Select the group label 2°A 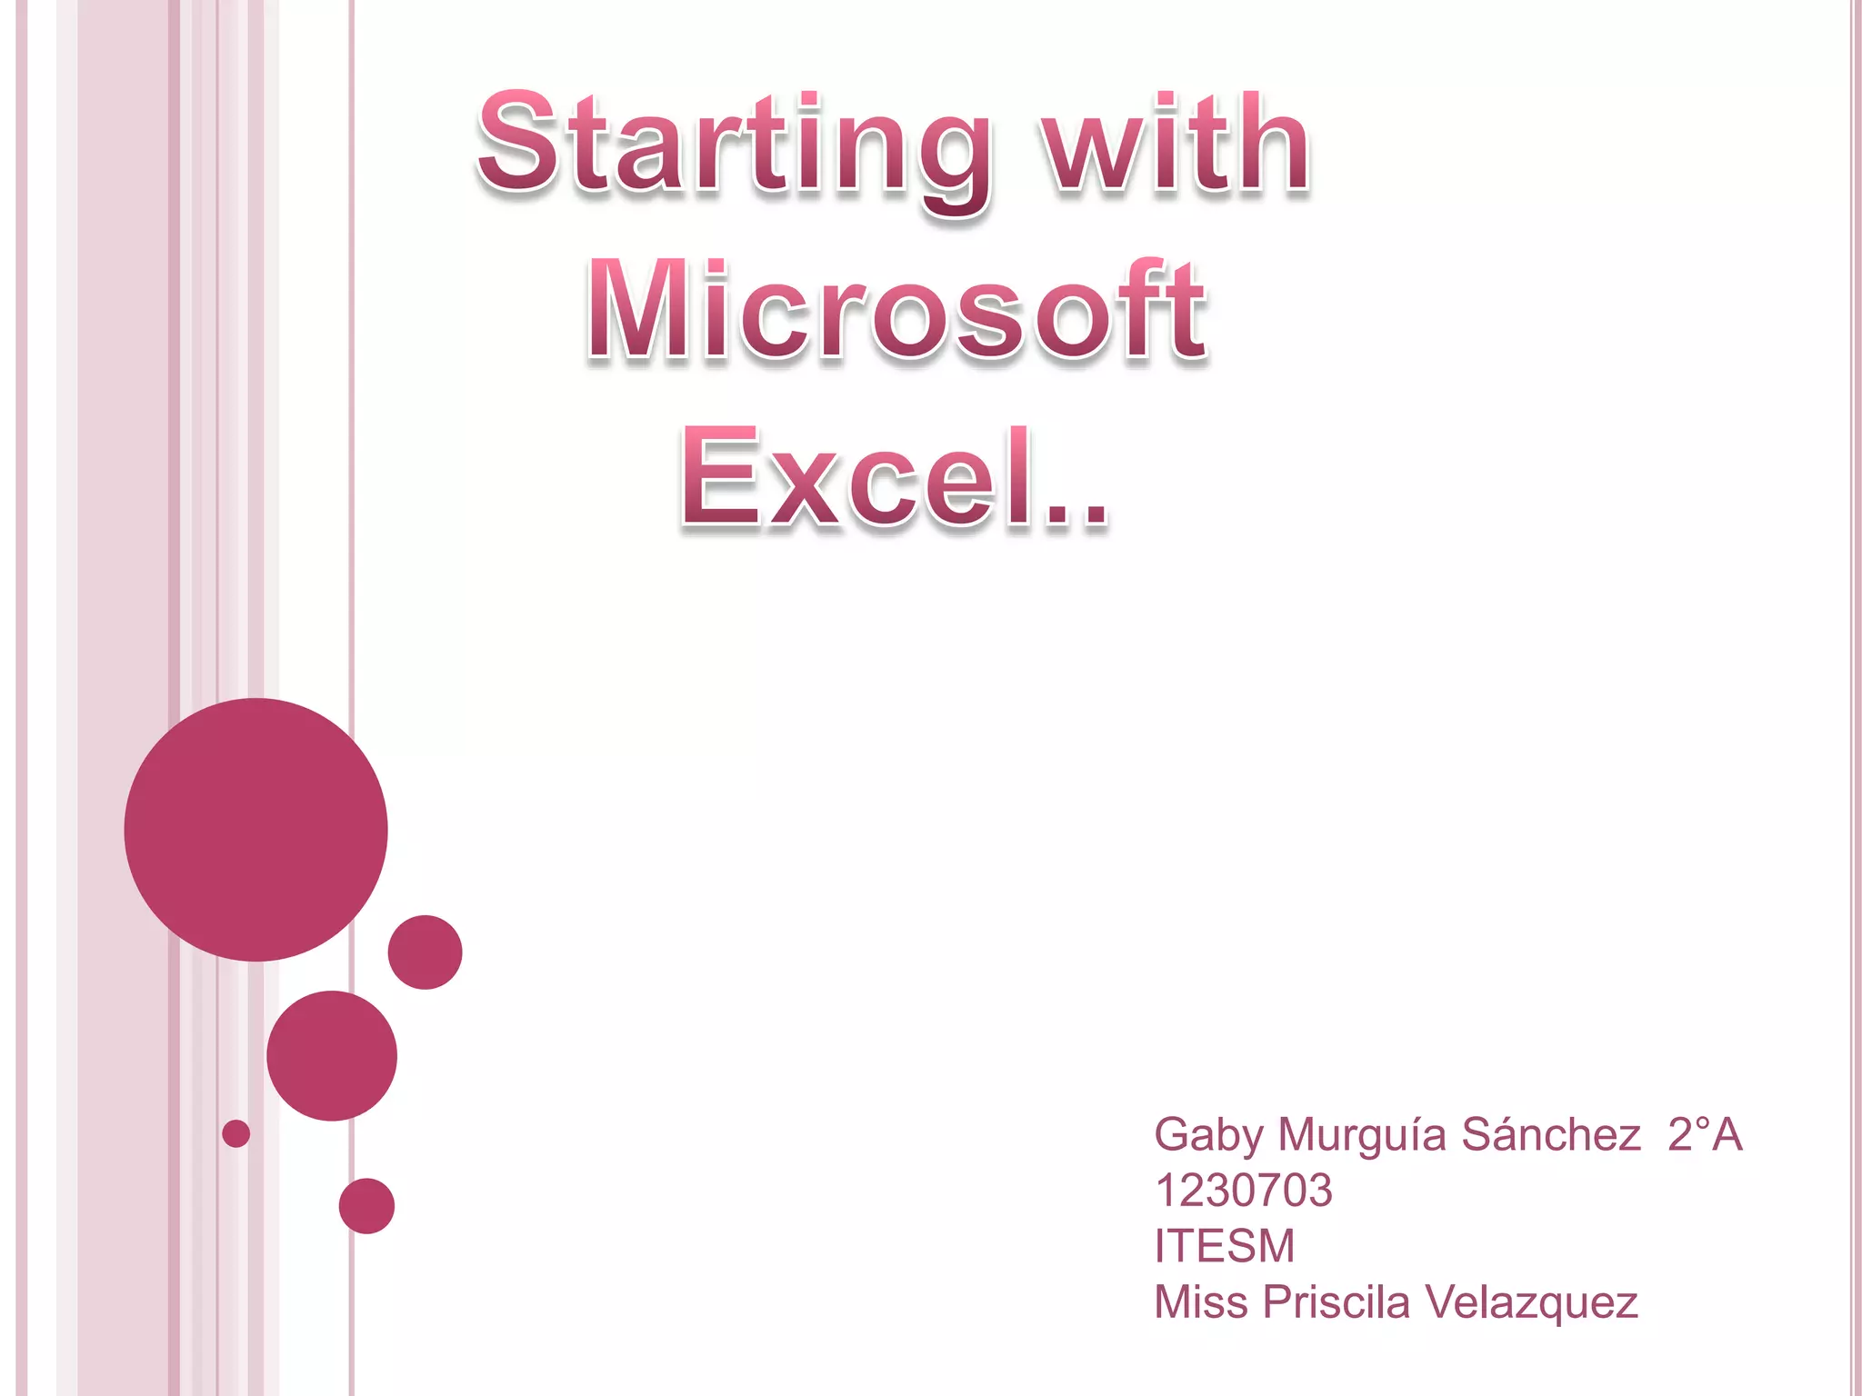pyautogui.click(x=1705, y=1134)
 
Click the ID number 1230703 pyautogui.click(x=1243, y=1191)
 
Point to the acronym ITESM pyautogui.click(x=1224, y=1246)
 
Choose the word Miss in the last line pyautogui.click(x=1200, y=1301)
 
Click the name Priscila pyautogui.click(x=1336, y=1301)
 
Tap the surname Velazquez pyautogui.click(x=1531, y=1303)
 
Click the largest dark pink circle pyautogui.click(x=255, y=829)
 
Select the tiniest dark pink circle pyautogui.click(x=235, y=1133)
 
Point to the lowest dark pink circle pyautogui.click(x=366, y=1205)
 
